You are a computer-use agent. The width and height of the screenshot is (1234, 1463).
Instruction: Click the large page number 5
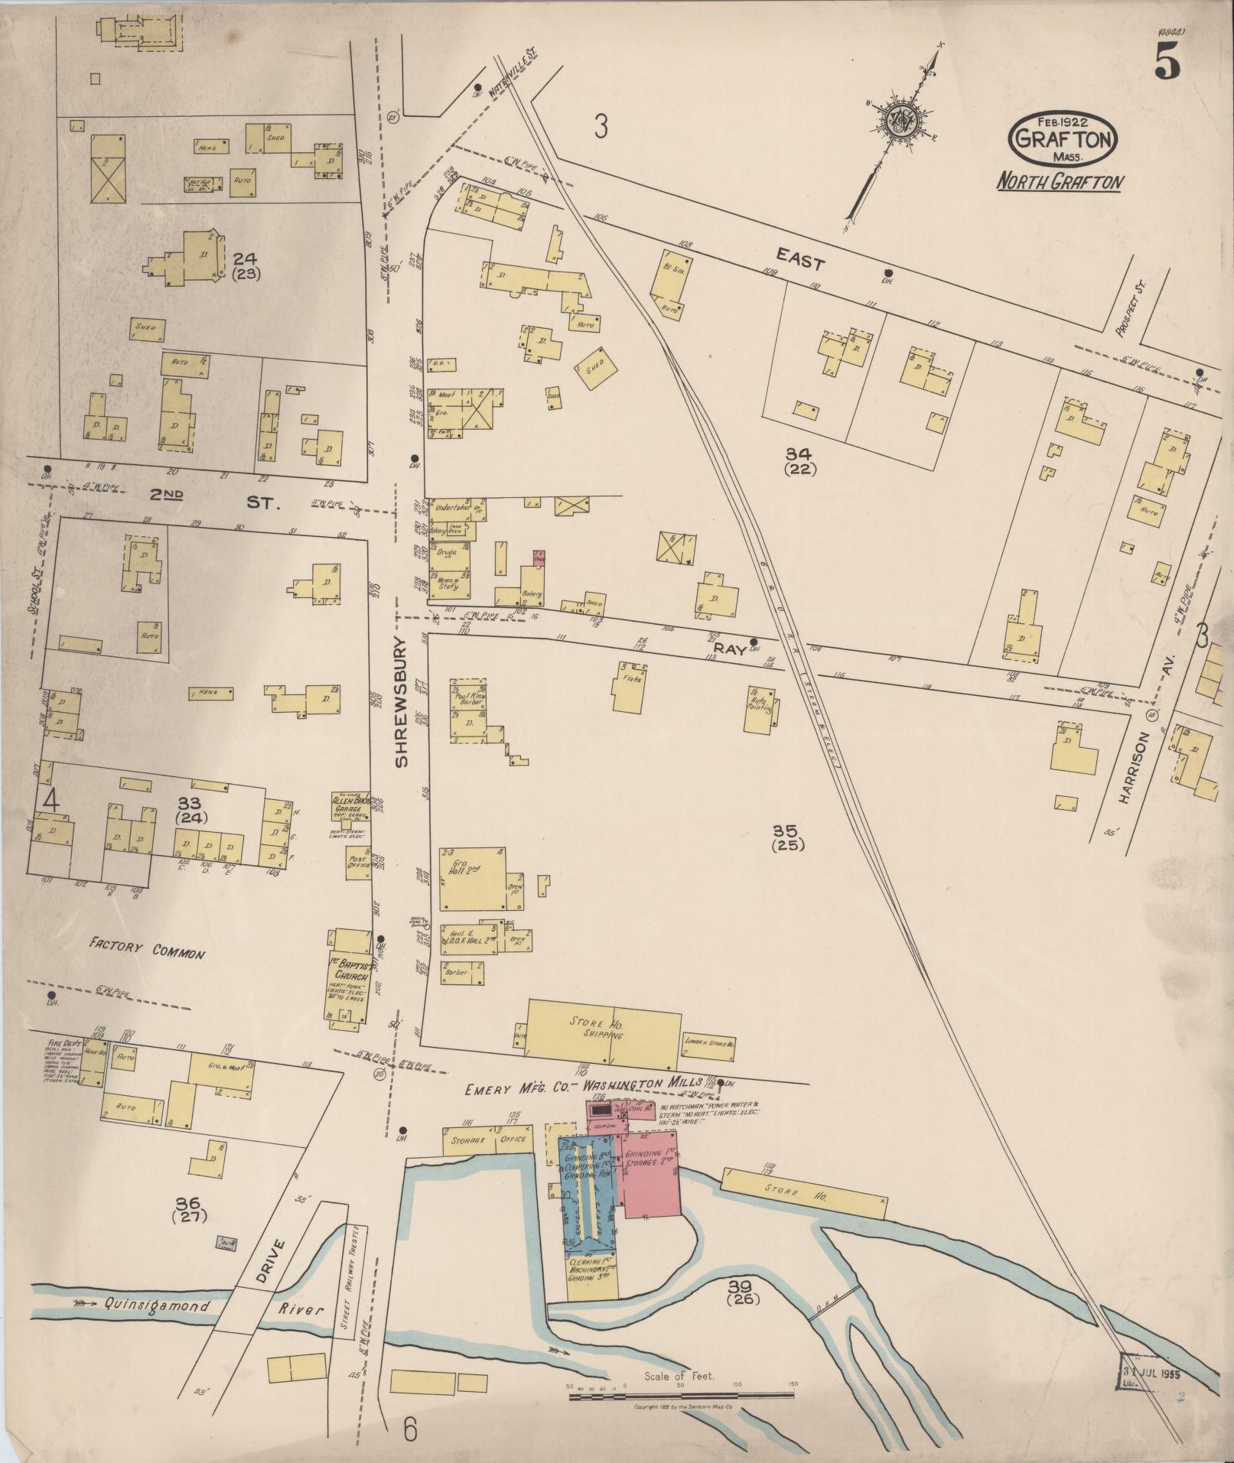[x=1166, y=59]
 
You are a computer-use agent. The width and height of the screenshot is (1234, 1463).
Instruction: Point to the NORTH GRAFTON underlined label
[x=1059, y=183]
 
